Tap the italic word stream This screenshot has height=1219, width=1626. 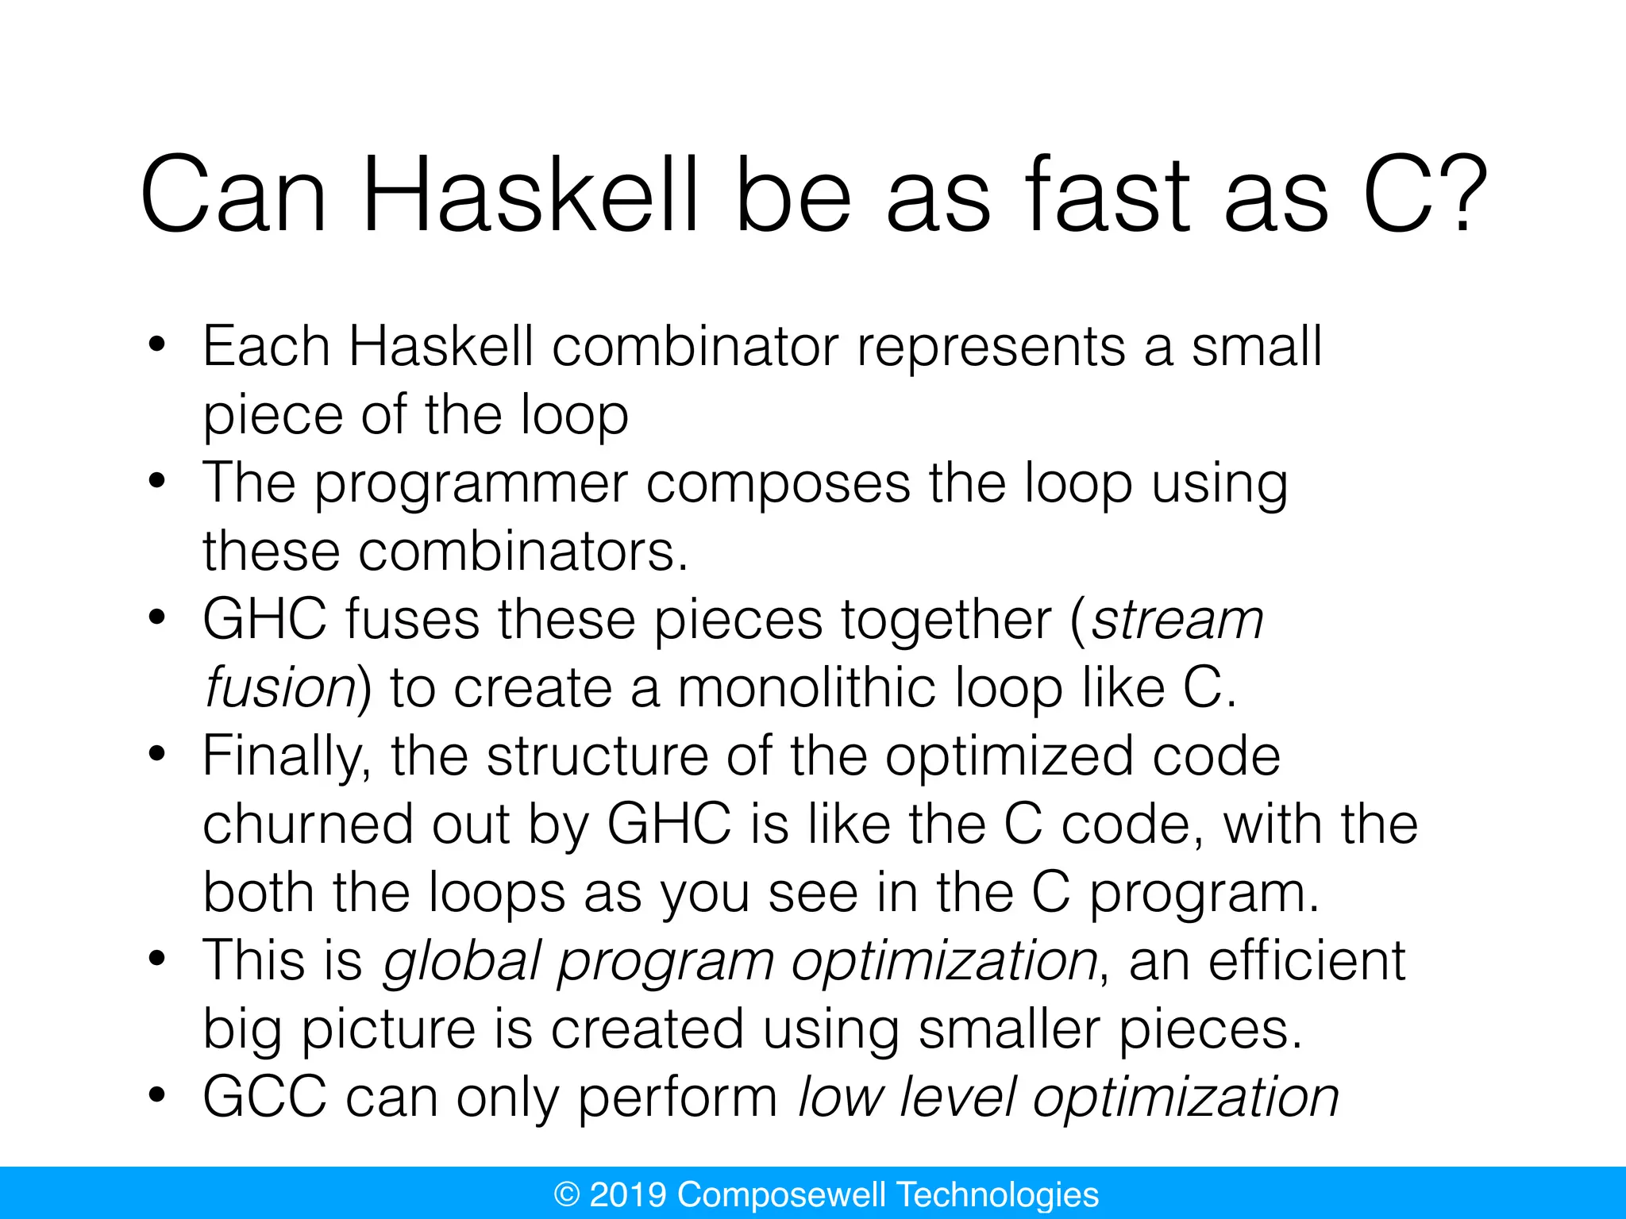coord(1177,620)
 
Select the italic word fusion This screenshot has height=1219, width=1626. coord(279,687)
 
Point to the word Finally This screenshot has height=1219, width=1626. coord(287,756)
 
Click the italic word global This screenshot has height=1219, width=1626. coord(460,961)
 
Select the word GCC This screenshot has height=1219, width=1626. coord(264,1098)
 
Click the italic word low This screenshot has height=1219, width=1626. coord(840,1098)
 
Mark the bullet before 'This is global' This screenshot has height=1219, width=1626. coord(156,959)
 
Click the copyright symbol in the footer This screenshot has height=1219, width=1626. coord(567,1194)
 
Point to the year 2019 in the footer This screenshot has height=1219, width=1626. coord(628,1194)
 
